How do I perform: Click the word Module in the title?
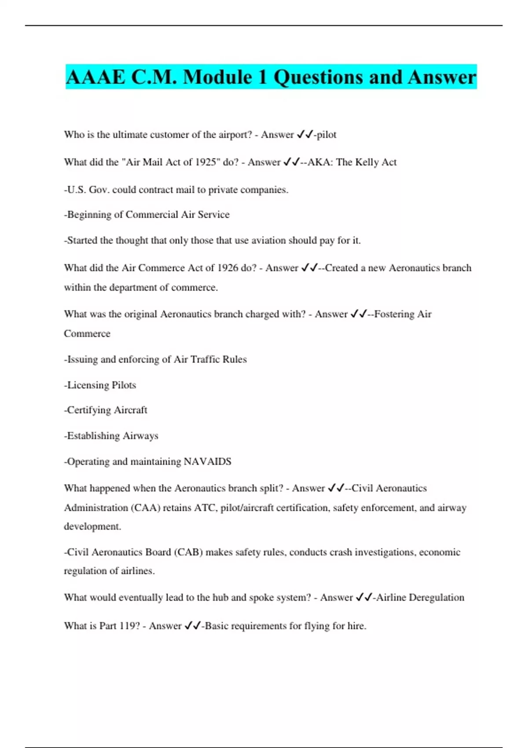point(217,77)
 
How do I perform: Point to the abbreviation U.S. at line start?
point(76,190)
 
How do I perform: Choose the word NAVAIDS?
point(207,462)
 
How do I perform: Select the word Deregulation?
point(436,598)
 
